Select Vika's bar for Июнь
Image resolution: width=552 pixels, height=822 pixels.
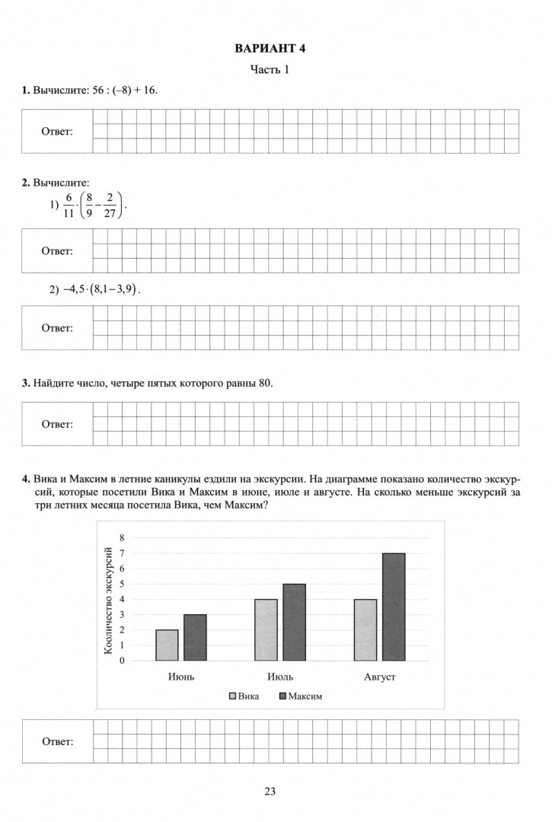pyautogui.click(x=167, y=645)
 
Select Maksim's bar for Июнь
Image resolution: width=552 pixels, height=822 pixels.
pyautogui.click(x=195, y=638)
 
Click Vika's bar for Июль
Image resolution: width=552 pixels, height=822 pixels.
pyautogui.click(x=266, y=630)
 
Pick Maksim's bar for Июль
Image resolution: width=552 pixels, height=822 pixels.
pyautogui.click(x=294, y=623)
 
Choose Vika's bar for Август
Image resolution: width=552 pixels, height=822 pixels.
pyautogui.click(x=365, y=630)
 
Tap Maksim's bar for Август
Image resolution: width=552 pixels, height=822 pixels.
pyautogui.click(x=394, y=607)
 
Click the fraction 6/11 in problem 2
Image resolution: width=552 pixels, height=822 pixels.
pyautogui.click(x=69, y=205)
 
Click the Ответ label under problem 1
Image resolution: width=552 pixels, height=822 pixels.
pyautogui.click(x=57, y=132)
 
